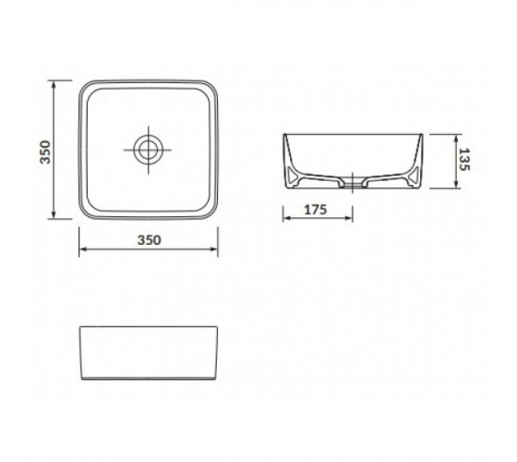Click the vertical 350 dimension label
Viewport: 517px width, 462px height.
click(45, 152)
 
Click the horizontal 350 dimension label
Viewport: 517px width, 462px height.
click(150, 240)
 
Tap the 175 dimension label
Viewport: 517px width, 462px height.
click(315, 210)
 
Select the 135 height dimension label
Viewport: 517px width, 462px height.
click(463, 159)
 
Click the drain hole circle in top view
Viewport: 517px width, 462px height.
click(149, 150)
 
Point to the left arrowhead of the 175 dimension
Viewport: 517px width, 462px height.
click(287, 218)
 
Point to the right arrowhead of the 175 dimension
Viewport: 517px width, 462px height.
click(349, 218)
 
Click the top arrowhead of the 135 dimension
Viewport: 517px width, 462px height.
click(456, 139)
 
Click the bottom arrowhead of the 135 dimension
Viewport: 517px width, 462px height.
click(456, 185)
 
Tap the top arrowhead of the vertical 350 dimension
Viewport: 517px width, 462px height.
click(54, 84)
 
